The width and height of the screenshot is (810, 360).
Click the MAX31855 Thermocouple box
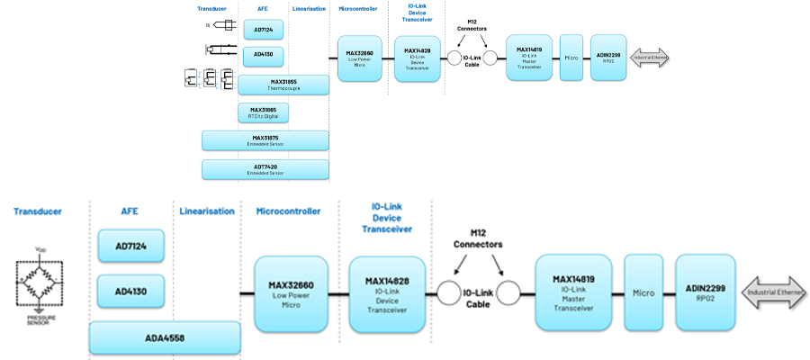(x=283, y=85)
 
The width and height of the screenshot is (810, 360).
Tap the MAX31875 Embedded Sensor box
(x=265, y=140)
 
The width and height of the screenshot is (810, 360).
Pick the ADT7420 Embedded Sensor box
(x=265, y=169)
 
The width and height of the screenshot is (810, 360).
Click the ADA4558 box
(x=165, y=337)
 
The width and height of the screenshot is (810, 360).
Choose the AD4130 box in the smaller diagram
(x=264, y=57)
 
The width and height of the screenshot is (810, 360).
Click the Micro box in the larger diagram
(x=643, y=292)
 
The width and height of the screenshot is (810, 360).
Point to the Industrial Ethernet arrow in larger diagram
(x=774, y=292)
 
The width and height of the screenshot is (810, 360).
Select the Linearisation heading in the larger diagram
(x=207, y=211)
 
